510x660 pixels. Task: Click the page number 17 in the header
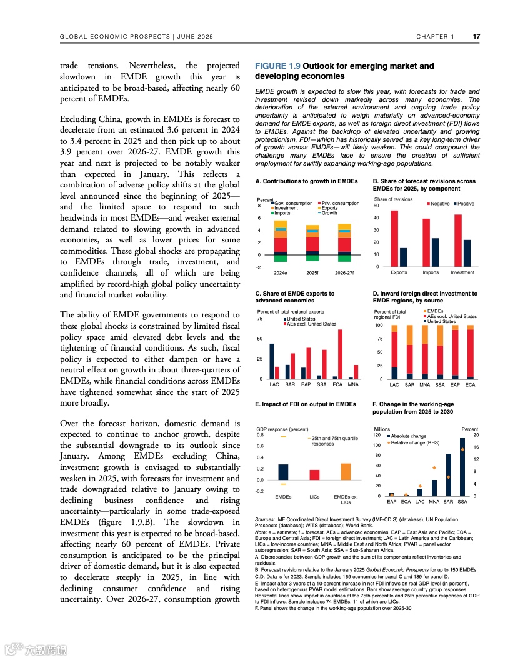coord(476,36)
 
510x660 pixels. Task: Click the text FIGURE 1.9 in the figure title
coord(277,66)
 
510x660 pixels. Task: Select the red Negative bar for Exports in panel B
coord(394,238)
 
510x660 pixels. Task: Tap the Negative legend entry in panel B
coord(439,204)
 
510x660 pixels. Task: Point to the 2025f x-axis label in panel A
coord(312,272)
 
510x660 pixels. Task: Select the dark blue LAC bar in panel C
coord(272,361)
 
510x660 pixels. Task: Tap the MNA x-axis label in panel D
coord(425,385)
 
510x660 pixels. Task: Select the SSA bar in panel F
coord(462,467)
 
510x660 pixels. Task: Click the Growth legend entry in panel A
coord(331,213)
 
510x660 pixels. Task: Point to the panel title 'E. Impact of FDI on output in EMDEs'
coord(306,404)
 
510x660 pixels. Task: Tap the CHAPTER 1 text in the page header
coord(436,37)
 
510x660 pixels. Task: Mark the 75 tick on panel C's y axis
coord(259,319)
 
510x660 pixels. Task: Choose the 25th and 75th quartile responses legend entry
coord(334,441)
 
